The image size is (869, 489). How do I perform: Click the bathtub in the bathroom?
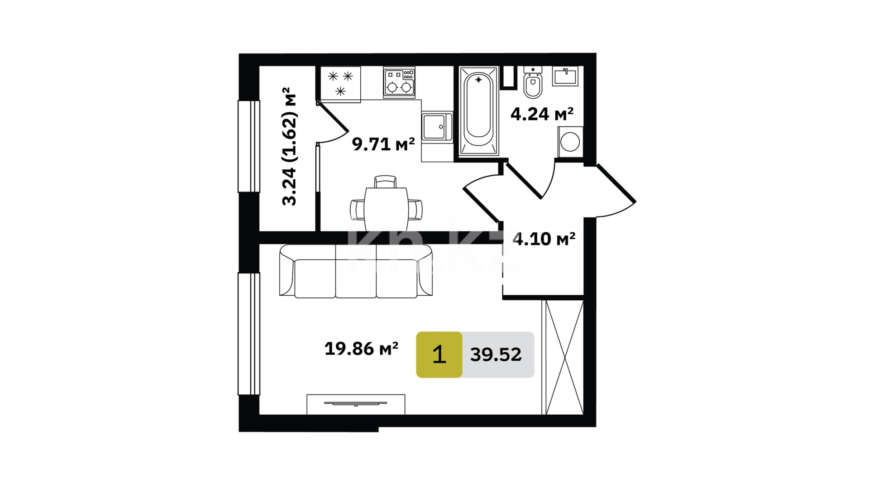pos(479,111)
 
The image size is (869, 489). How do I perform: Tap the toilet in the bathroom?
pos(533,82)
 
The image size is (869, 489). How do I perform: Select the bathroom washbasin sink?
pos(565,76)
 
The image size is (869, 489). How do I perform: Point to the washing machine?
pos(570,142)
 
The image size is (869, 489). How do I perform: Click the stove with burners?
pos(399,82)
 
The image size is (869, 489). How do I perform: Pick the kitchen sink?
pos(437,127)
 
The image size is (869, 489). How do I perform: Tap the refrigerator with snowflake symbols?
pos(340,84)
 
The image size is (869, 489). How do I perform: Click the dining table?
pos(386,209)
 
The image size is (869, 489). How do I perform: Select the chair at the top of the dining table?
pos(386,182)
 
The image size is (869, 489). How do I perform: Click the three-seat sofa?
pos(356,271)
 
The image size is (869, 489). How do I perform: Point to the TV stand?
pos(356,404)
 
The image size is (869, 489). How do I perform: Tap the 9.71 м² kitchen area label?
pos(383,144)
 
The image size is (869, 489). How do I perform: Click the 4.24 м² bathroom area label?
pos(542,114)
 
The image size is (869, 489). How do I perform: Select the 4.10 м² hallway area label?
pos(544,239)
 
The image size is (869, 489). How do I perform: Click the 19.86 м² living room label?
pos(361,349)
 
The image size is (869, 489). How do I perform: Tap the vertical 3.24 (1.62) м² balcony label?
pos(289,147)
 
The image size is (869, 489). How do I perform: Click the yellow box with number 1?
pos(439,355)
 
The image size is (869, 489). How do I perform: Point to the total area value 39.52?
pos(496,355)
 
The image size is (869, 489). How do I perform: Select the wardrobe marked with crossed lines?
pos(563,357)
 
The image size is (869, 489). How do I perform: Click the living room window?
pos(249,334)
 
